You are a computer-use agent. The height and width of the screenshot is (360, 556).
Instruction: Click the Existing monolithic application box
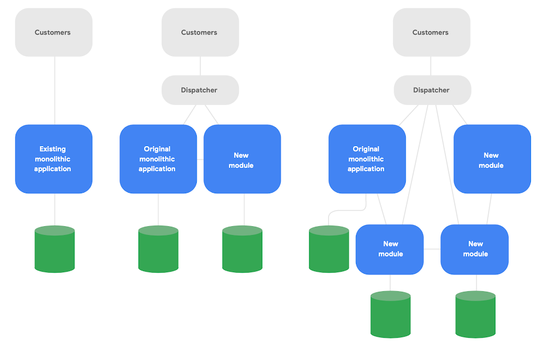coord(53,159)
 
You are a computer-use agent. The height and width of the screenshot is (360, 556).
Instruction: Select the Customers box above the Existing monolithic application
coord(53,32)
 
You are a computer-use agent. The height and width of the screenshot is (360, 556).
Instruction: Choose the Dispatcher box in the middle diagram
coord(200,90)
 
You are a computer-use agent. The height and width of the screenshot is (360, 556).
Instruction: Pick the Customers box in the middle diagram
coord(200,32)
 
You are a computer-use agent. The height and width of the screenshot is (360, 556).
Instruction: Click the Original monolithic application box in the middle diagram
coord(158,159)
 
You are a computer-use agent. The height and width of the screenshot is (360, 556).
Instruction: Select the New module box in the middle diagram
coord(242,159)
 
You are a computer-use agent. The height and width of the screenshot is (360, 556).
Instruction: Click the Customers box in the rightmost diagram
coord(431,32)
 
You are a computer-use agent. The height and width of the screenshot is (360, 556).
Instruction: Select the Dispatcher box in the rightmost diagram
coord(432,90)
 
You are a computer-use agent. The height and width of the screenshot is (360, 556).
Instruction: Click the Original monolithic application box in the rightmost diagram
coord(367,159)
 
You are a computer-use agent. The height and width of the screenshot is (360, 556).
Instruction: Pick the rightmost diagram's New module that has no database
coord(492,159)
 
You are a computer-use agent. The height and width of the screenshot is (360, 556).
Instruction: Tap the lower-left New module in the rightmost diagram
coord(390,249)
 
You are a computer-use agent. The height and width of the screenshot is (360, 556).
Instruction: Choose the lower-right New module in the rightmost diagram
coord(474,249)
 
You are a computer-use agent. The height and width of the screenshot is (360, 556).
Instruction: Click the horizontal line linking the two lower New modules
coord(432,249)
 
